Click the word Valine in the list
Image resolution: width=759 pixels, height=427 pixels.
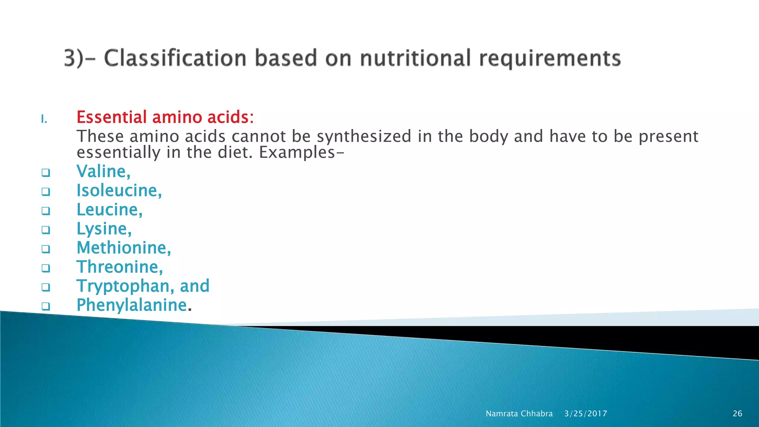click(x=102, y=172)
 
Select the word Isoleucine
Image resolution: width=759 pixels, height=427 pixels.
click(x=118, y=191)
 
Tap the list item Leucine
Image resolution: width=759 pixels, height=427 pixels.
click(x=108, y=210)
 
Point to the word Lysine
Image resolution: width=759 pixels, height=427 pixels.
click(x=103, y=229)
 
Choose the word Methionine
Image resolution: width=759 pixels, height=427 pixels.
click(x=123, y=248)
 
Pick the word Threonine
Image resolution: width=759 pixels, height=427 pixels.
click(x=119, y=267)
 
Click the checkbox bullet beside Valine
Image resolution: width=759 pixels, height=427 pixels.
click(x=46, y=172)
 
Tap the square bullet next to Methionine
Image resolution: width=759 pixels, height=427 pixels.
click(x=46, y=249)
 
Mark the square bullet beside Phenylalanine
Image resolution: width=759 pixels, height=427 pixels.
click(x=46, y=306)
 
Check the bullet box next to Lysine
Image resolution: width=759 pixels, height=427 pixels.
click(x=46, y=230)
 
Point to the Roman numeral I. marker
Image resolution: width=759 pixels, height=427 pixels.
click(x=44, y=119)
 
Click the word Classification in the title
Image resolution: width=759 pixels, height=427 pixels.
click(x=175, y=58)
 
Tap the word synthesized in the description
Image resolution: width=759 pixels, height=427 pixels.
click(x=364, y=136)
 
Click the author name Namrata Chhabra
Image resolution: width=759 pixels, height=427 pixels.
click(x=519, y=414)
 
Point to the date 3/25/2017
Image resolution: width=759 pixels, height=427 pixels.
click(x=586, y=414)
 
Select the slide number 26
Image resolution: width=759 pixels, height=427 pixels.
click(x=738, y=414)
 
